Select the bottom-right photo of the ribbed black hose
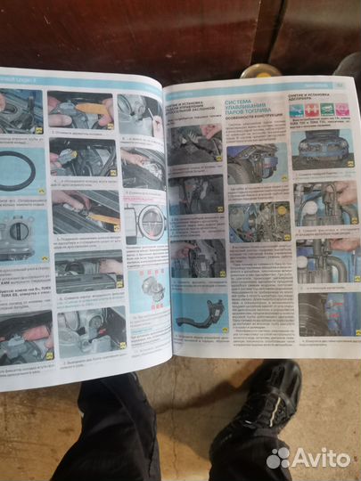coord(325,313)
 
